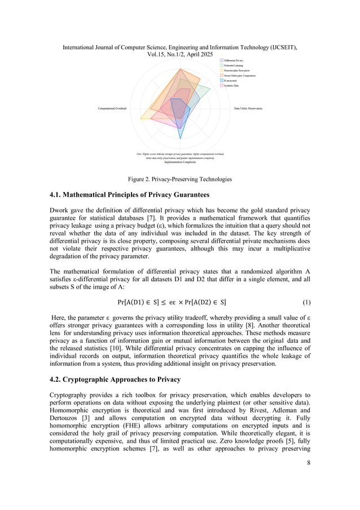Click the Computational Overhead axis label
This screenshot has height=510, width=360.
click(112, 108)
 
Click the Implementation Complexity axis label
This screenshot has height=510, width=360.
click(180, 162)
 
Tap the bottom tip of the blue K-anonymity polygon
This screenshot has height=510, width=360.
click(180, 138)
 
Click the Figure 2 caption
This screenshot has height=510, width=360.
click(179, 179)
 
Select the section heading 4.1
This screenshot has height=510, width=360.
click(130, 195)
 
